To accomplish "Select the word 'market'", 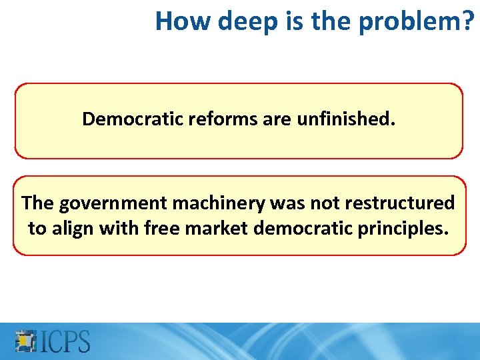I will pos(213,229).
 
